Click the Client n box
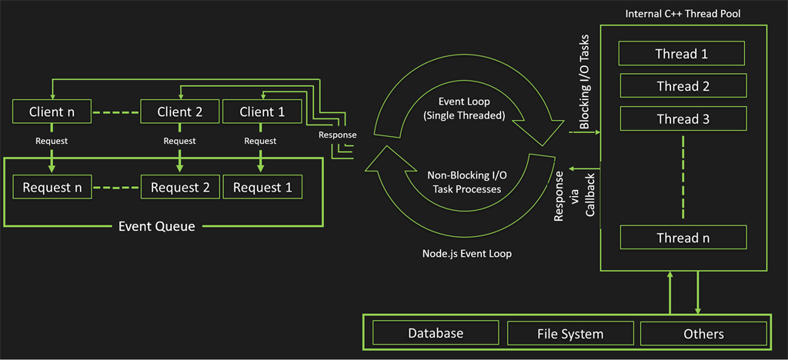tap(52, 112)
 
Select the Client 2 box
tap(179, 112)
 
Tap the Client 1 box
tap(262, 112)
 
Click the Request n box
tap(52, 187)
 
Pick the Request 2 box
tap(179, 187)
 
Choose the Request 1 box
tap(262, 187)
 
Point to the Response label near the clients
tap(337, 135)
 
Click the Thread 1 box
tap(682, 54)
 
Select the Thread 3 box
tap(682, 119)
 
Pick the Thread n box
tap(682, 238)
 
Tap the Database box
tap(435, 333)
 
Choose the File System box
tap(569, 334)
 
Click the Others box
tap(703, 333)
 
